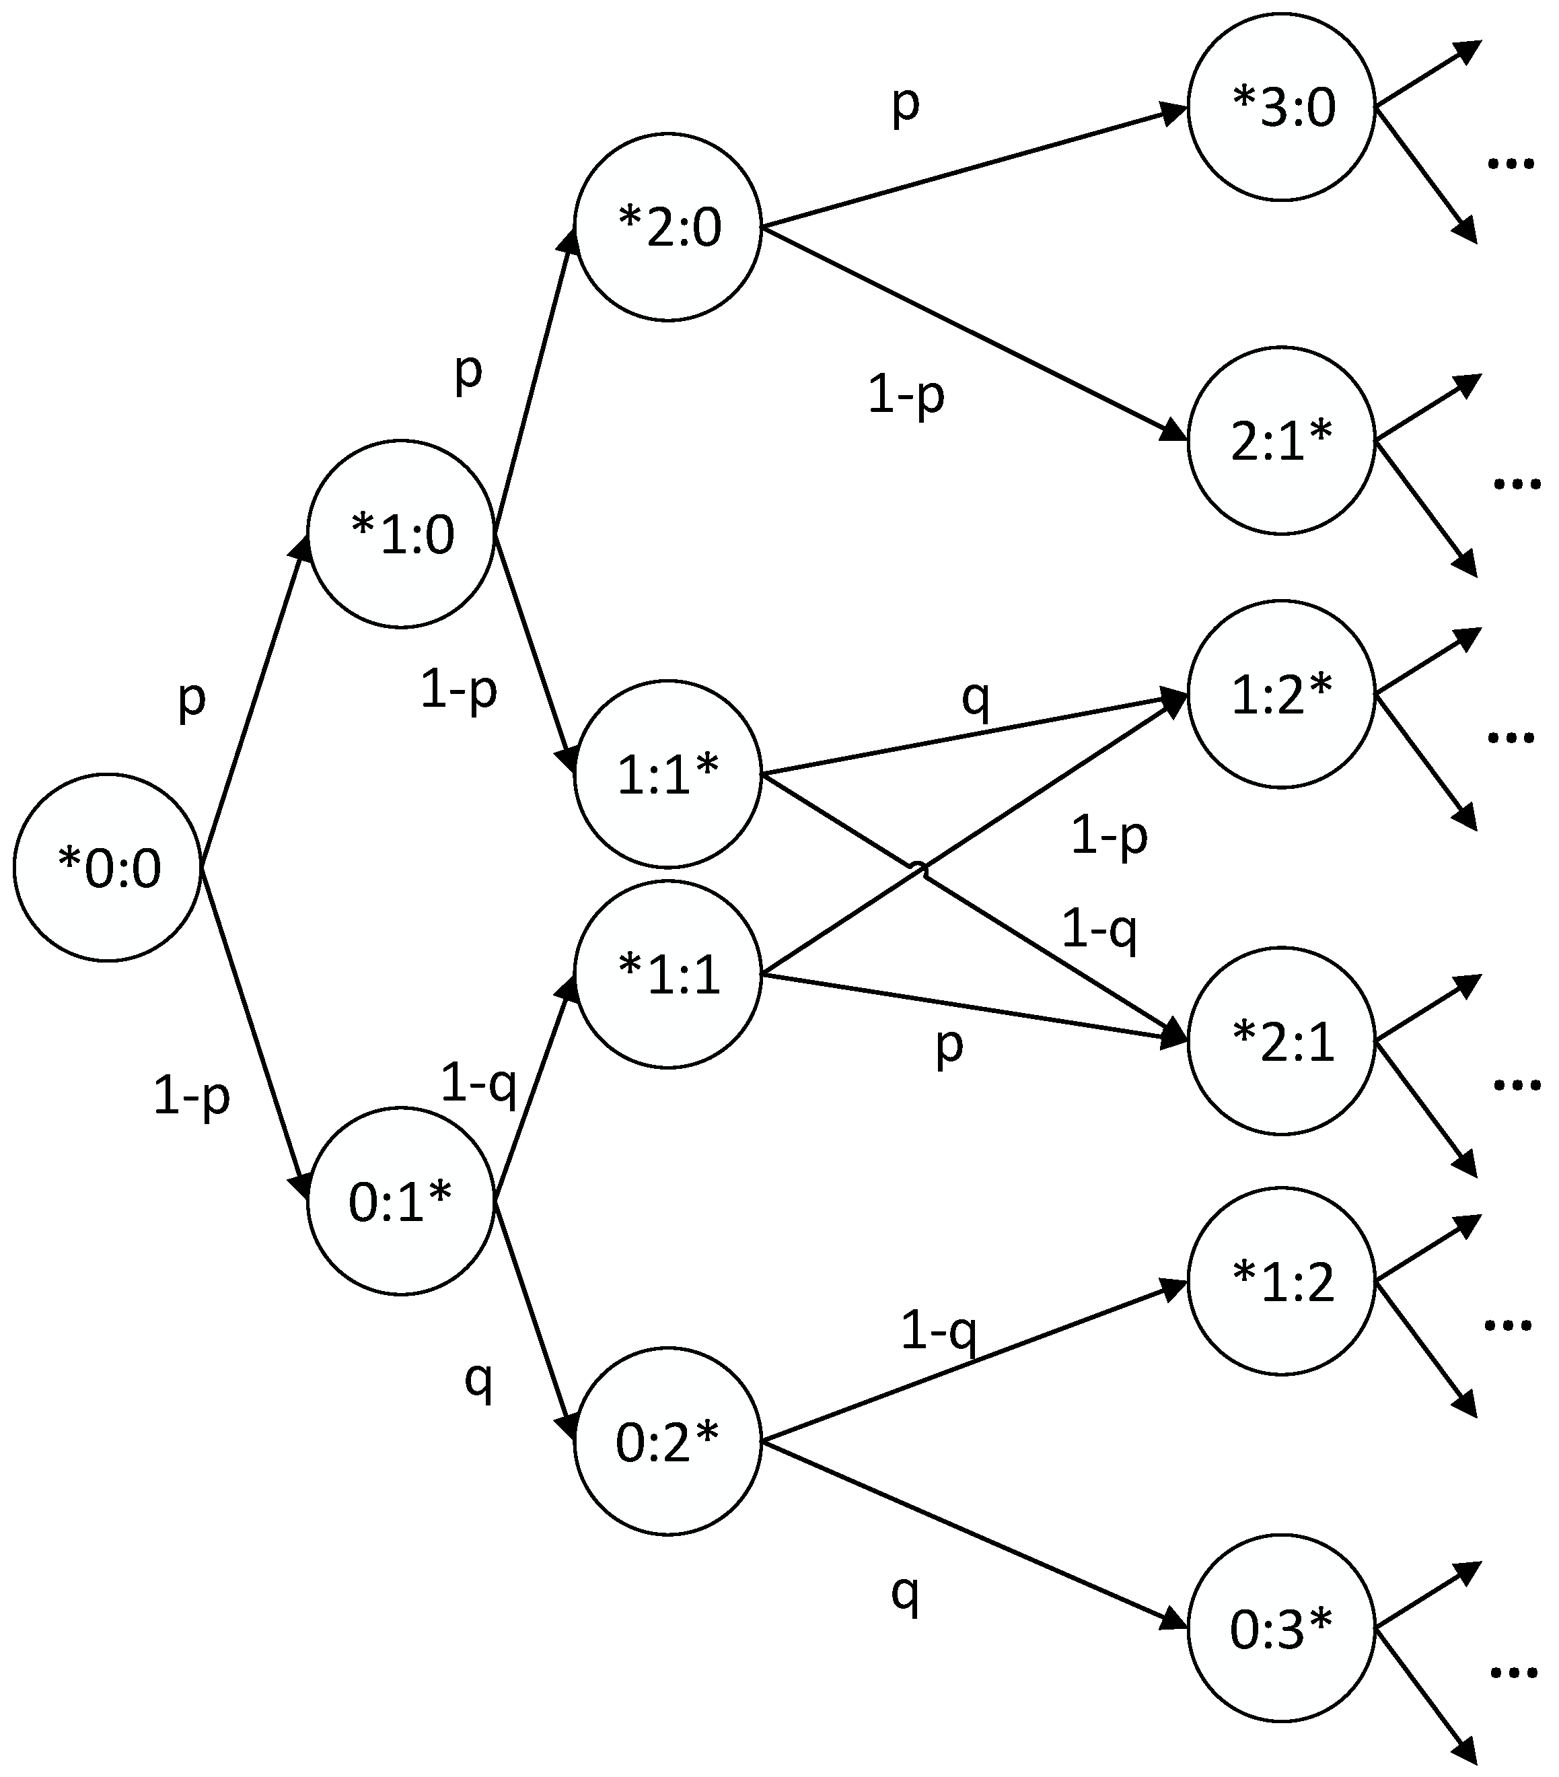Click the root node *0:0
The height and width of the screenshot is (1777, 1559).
[x=108, y=867]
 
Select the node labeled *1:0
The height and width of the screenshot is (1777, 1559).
[x=400, y=533]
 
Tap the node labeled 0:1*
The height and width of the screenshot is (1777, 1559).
[x=400, y=1201]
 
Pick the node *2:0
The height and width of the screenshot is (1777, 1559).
[x=667, y=227]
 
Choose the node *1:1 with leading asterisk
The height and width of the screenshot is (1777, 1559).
[x=667, y=974]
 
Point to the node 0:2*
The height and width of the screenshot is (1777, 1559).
[x=667, y=1441]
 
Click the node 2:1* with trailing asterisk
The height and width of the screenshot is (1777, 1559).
[x=1282, y=440]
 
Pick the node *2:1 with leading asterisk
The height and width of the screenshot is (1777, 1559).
[x=1282, y=1041]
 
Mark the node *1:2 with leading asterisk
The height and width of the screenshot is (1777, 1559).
[x=1282, y=1281]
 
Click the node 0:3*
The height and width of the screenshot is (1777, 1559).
[x=1282, y=1628]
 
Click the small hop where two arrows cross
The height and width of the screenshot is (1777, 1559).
[x=918, y=867]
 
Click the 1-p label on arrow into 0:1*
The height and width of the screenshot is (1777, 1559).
[x=191, y=1097]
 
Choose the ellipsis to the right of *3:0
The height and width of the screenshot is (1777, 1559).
[x=1511, y=162]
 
